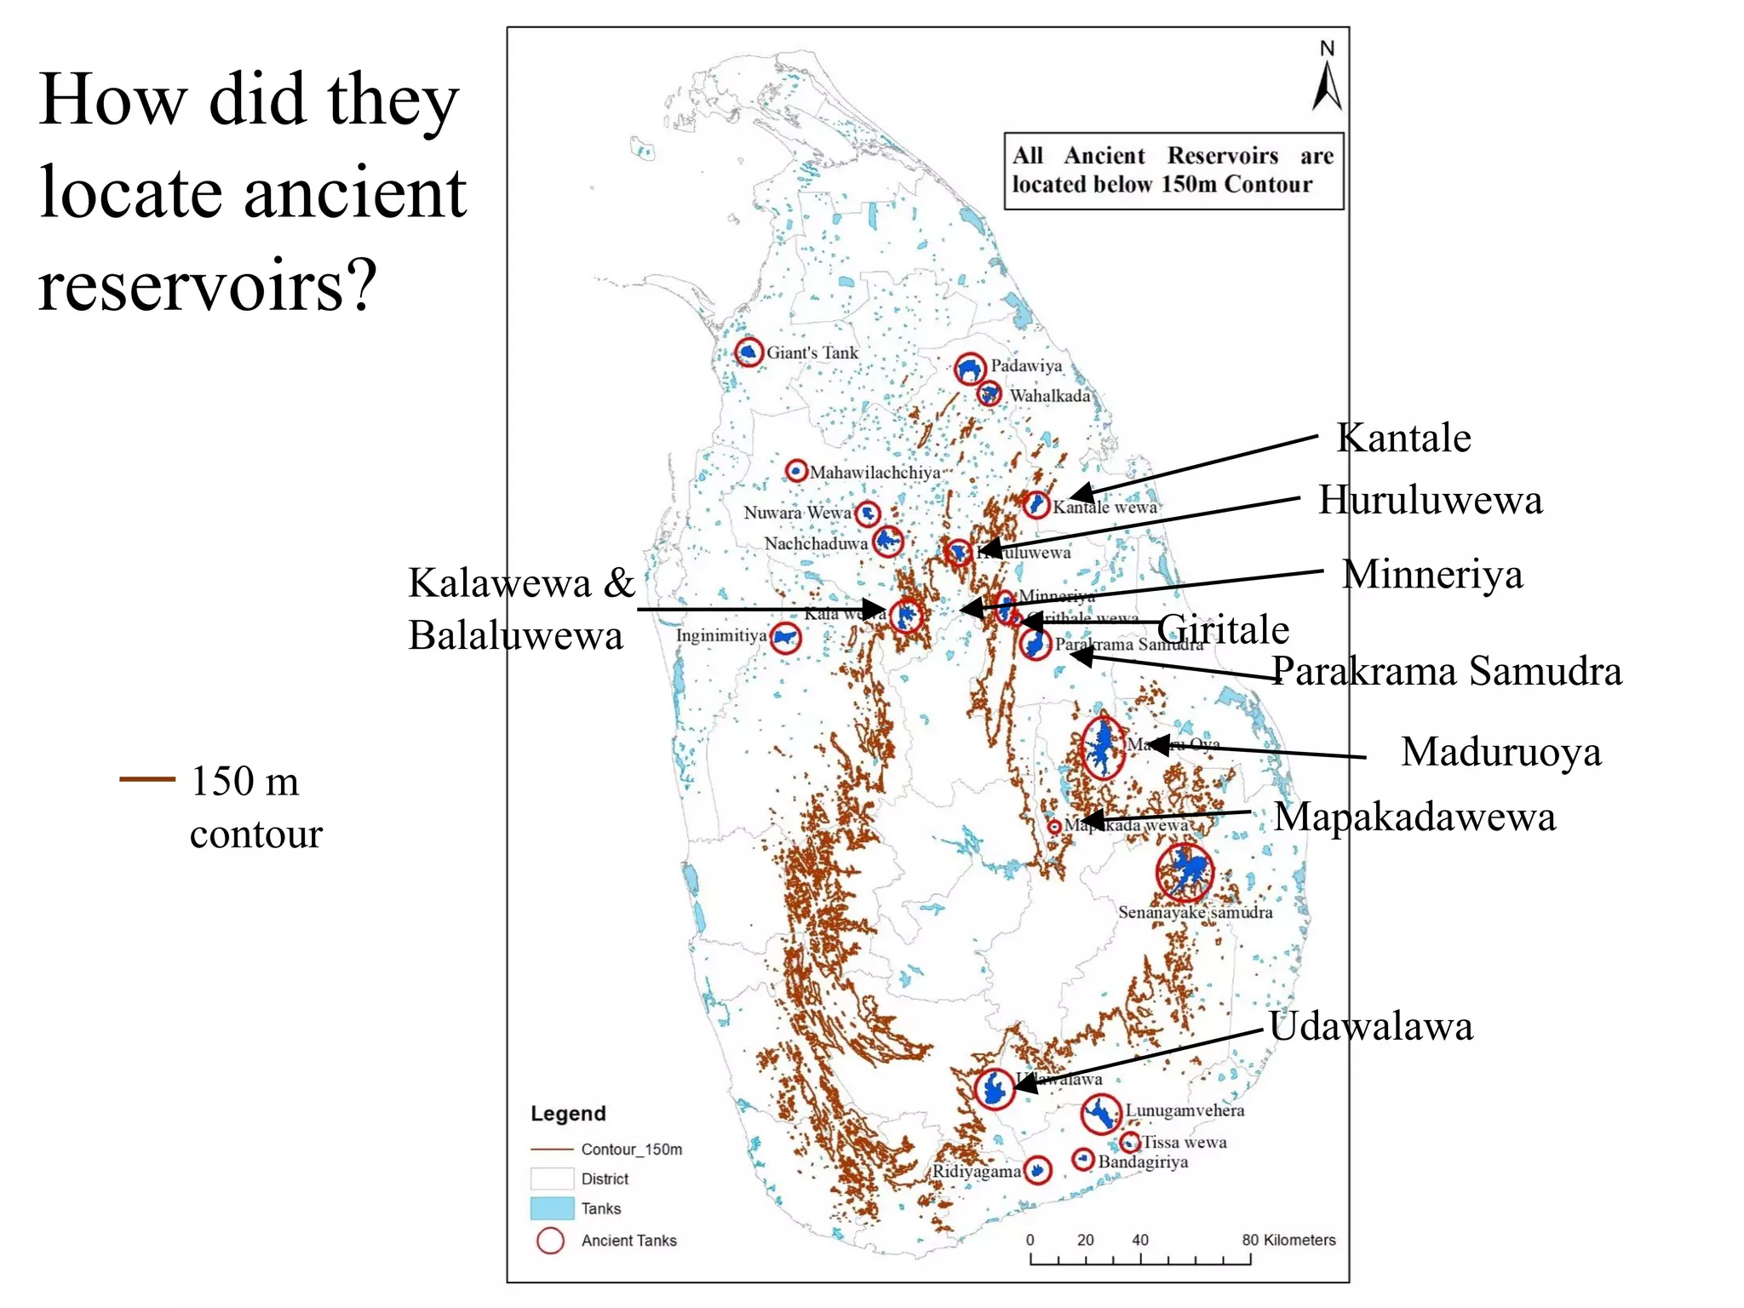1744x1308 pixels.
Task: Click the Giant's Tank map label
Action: (812, 353)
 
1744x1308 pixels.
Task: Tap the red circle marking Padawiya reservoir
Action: (970, 369)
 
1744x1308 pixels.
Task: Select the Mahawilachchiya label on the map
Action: (875, 473)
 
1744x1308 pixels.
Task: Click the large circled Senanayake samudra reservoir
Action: (1185, 873)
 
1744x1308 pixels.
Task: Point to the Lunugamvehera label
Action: (1185, 1110)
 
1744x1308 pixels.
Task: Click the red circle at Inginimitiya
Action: (785, 638)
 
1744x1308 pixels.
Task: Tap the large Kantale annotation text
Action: (1403, 439)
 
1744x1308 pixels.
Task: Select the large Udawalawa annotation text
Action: (1370, 1027)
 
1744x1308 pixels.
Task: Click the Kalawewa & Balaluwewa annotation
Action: (521, 609)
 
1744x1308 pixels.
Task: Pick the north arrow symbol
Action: (1327, 78)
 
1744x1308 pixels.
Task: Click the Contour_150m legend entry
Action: (631, 1150)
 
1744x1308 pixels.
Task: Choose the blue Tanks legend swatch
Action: (552, 1208)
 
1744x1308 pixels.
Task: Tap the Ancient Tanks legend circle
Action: (550, 1241)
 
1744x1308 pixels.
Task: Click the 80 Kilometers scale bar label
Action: (1288, 1240)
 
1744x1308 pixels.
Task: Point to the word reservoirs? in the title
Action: (207, 285)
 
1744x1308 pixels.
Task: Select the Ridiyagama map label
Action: (975, 1172)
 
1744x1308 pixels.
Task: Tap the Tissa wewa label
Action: (1184, 1143)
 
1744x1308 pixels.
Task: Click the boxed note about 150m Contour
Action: (1173, 170)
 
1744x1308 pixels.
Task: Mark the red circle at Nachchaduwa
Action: (888, 541)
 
